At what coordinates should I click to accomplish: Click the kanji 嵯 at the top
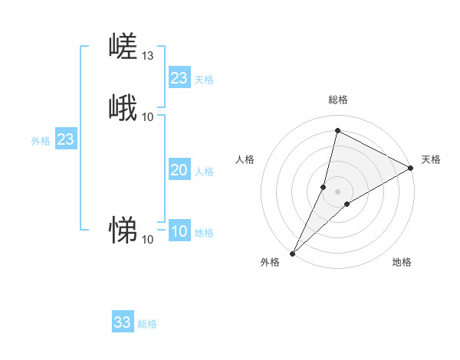pos(123,47)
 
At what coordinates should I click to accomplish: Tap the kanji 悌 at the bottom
pos(123,230)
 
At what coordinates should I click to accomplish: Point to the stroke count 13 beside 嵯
pos(148,56)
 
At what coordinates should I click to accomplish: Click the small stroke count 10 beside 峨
pos(148,116)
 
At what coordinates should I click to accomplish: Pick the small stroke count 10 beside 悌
pos(148,240)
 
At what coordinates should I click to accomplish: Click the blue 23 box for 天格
pos(179,78)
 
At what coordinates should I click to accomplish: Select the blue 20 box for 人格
pos(179,171)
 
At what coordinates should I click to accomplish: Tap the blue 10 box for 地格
pos(179,232)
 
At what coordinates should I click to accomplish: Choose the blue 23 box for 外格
pos(66,140)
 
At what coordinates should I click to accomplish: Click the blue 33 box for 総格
pos(123,322)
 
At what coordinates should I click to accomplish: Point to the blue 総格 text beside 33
pos(147,325)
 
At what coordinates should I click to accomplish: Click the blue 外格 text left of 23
pos(41,141)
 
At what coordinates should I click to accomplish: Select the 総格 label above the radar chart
pos(337,100)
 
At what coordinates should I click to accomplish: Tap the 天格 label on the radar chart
pos(431,159)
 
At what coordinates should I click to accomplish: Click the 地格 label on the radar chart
pos(402,263)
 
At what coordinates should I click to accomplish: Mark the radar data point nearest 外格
pos(292,253)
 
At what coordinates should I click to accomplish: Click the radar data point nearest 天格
pos(411,168)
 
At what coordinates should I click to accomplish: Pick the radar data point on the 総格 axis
pos(337,130)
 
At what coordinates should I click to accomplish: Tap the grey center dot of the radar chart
pos(337,191)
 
